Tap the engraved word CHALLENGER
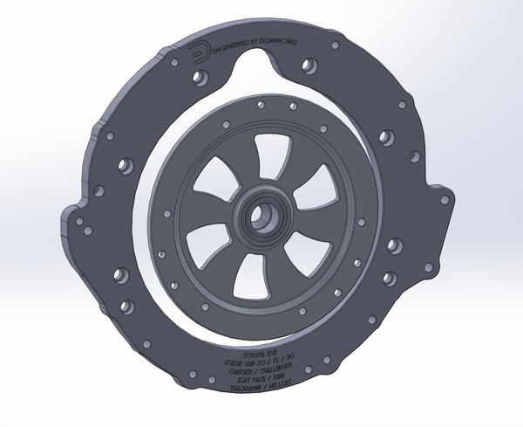coord(273,367)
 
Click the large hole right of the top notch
coord(308,66)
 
